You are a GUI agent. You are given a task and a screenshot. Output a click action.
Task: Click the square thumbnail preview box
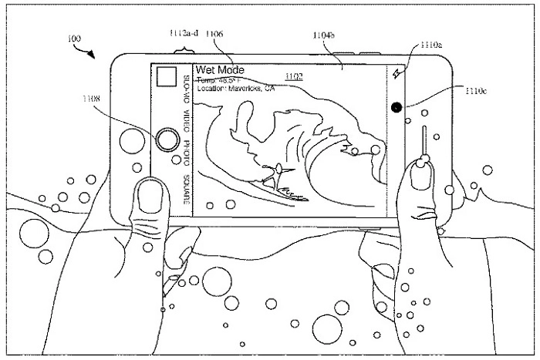pyautogui.click(x=166, y=76)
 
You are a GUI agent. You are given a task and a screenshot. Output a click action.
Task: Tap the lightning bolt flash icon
pyautogui.click(x=397, y=74)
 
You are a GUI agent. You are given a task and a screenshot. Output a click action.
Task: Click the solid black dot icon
pyautogui.click(x=397, y=108)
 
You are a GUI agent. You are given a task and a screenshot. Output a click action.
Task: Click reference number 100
pyautogui.click(x=73, y=38)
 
